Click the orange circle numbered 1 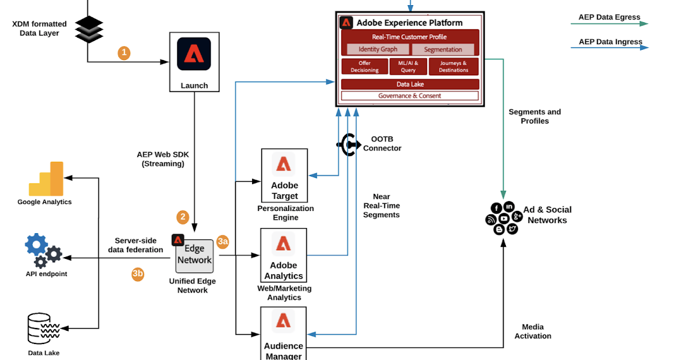tap(124, 53)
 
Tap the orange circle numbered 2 tap(182, 217)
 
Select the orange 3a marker tap(223, 242)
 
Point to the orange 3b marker tap(138, 274)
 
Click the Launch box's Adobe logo tap(194, 54)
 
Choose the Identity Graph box tap(378, 50)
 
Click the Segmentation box tap(443, 50)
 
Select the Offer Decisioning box tap(364, 66)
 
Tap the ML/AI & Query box tap(408, 66)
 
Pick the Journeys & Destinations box tap(454, 66)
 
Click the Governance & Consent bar tap(409, 96)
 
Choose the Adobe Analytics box tap(284, 255)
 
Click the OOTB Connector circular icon tap(348, 144)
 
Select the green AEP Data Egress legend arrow tap(609, 24)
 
